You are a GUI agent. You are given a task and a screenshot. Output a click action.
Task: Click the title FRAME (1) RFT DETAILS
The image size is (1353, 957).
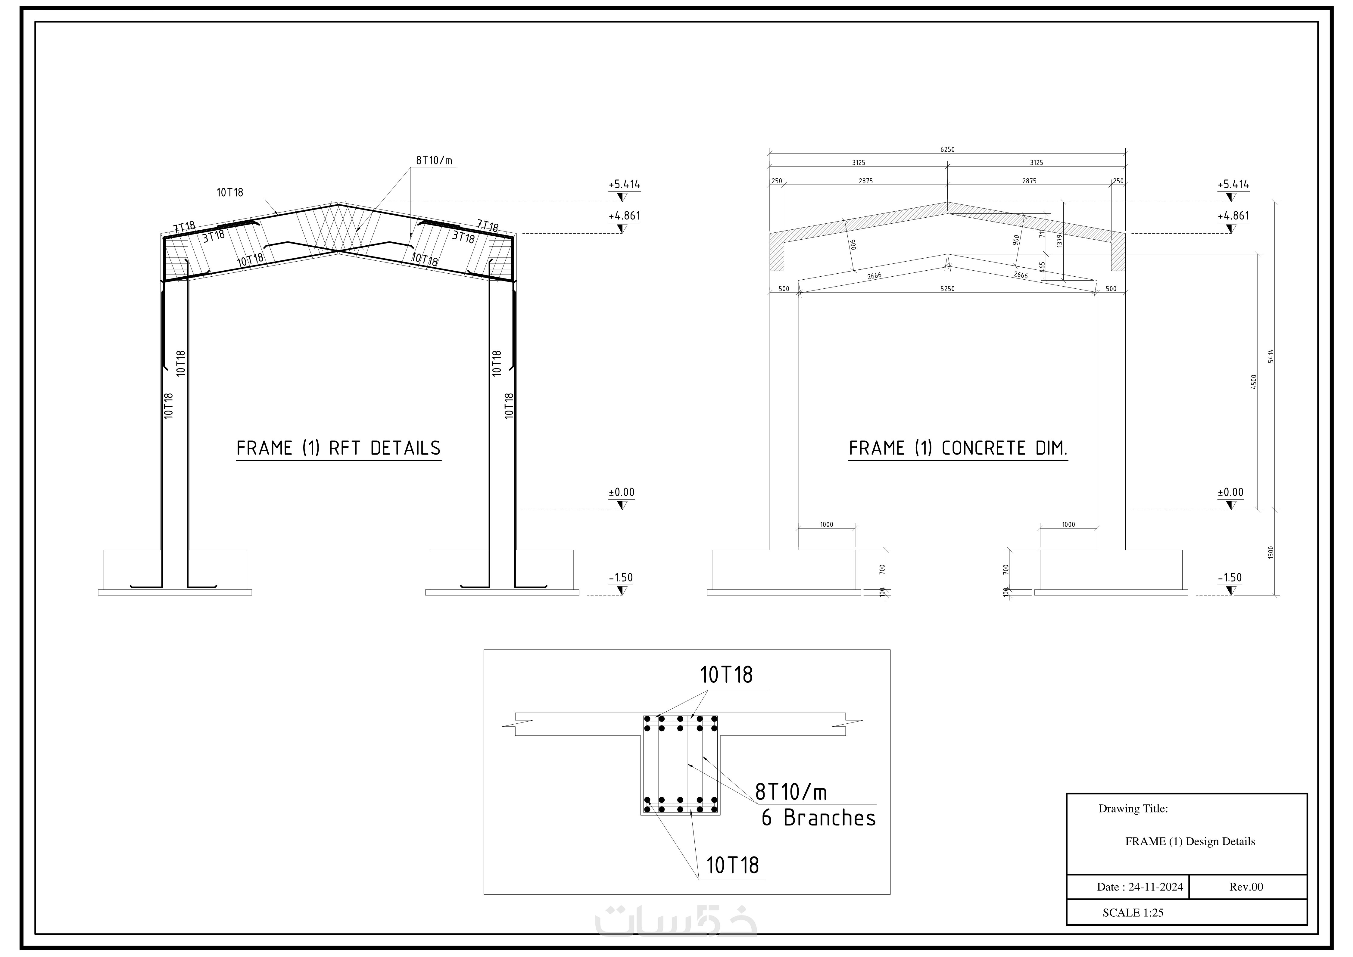click(338, 449)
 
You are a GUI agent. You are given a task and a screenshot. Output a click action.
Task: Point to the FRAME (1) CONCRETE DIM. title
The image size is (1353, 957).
click(958, 449)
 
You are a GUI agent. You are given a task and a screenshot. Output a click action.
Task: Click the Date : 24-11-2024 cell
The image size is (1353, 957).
click(1139, 887)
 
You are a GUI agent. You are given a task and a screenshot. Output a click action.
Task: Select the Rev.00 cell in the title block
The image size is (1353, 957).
click(1246, 887)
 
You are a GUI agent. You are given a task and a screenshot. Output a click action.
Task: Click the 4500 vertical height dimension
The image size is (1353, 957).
click(1254, 381)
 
